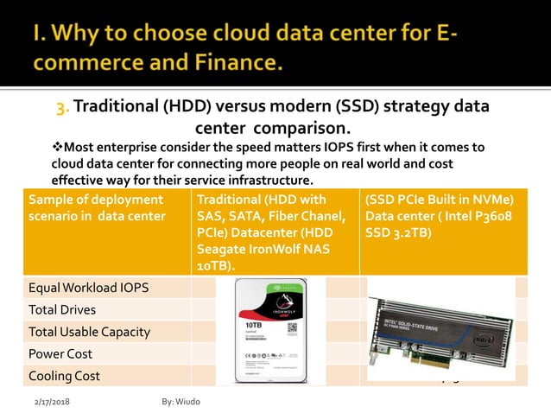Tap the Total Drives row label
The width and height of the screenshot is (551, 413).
[x=61, y=309]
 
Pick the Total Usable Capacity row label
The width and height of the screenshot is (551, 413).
[x=89, y=332]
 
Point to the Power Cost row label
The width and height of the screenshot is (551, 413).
[x=60, y=353]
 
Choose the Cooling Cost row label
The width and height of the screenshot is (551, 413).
[x=64, y=376]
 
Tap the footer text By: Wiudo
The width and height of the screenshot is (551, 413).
[x=180, y=402]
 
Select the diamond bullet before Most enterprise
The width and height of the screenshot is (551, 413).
[x=57, y=147]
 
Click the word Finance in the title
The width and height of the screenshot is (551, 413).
[x=231, y=63]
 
